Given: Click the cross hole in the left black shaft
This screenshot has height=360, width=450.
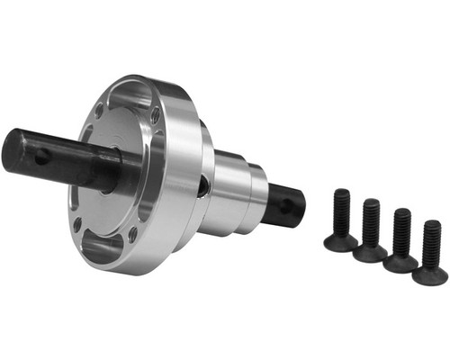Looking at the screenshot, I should [41, 157].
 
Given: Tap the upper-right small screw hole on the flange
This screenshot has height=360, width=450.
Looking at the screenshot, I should [156, 115].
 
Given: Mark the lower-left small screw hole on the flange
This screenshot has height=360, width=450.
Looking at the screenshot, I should [77, 223].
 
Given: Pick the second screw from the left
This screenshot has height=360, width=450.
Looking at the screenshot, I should [371, 230].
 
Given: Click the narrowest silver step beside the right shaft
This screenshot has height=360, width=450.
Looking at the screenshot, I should [256, 200].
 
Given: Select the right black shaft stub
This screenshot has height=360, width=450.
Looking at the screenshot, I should [286, 205].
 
